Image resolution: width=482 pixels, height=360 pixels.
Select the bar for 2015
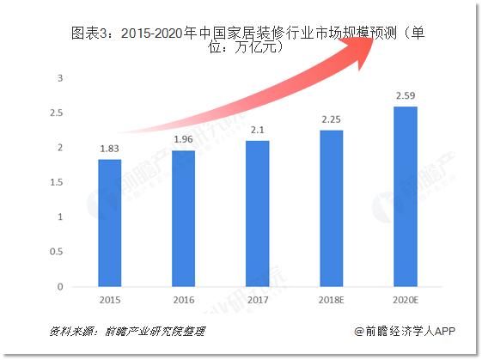click(109, 222)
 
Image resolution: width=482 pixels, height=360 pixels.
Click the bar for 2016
click(183, 217)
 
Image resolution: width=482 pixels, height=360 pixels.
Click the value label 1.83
click(109, 149)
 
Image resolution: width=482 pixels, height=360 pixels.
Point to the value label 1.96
click(183, 140)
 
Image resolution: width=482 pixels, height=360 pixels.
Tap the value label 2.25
click(331, 120)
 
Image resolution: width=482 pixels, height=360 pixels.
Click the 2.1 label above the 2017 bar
click(257, 130)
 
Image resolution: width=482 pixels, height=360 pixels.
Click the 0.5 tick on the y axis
click(57, 251)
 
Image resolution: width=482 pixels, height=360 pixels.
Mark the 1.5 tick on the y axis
click(57, 182)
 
